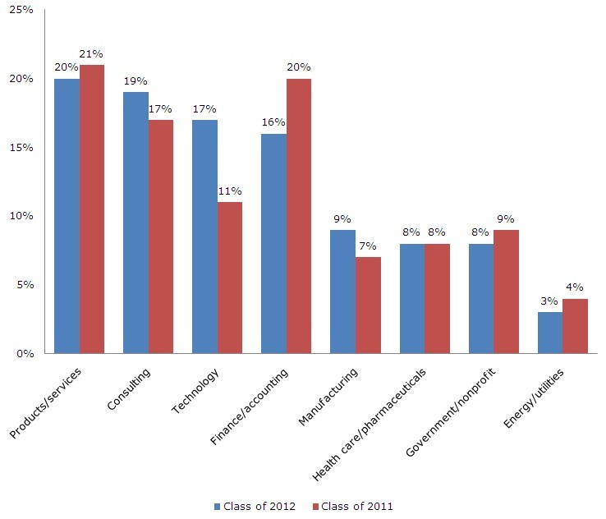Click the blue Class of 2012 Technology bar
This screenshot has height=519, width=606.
coord(204,237)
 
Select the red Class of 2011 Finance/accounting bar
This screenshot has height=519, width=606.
coord(299,216)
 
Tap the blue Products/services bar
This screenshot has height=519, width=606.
coord(67,216)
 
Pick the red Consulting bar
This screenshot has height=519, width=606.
coord(161,237)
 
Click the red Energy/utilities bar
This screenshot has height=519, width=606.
coord(575,326)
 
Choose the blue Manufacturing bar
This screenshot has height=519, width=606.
coord(342,292)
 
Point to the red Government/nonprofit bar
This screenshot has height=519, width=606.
coord(506,292)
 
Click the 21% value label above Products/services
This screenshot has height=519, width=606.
coord(92,54)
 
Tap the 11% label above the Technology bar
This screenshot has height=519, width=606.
coord(230,192)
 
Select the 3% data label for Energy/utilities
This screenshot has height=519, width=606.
coord(549,302)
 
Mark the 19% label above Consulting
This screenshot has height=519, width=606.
coord(135,82)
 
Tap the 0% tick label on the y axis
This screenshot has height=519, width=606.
coord(25,354)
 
